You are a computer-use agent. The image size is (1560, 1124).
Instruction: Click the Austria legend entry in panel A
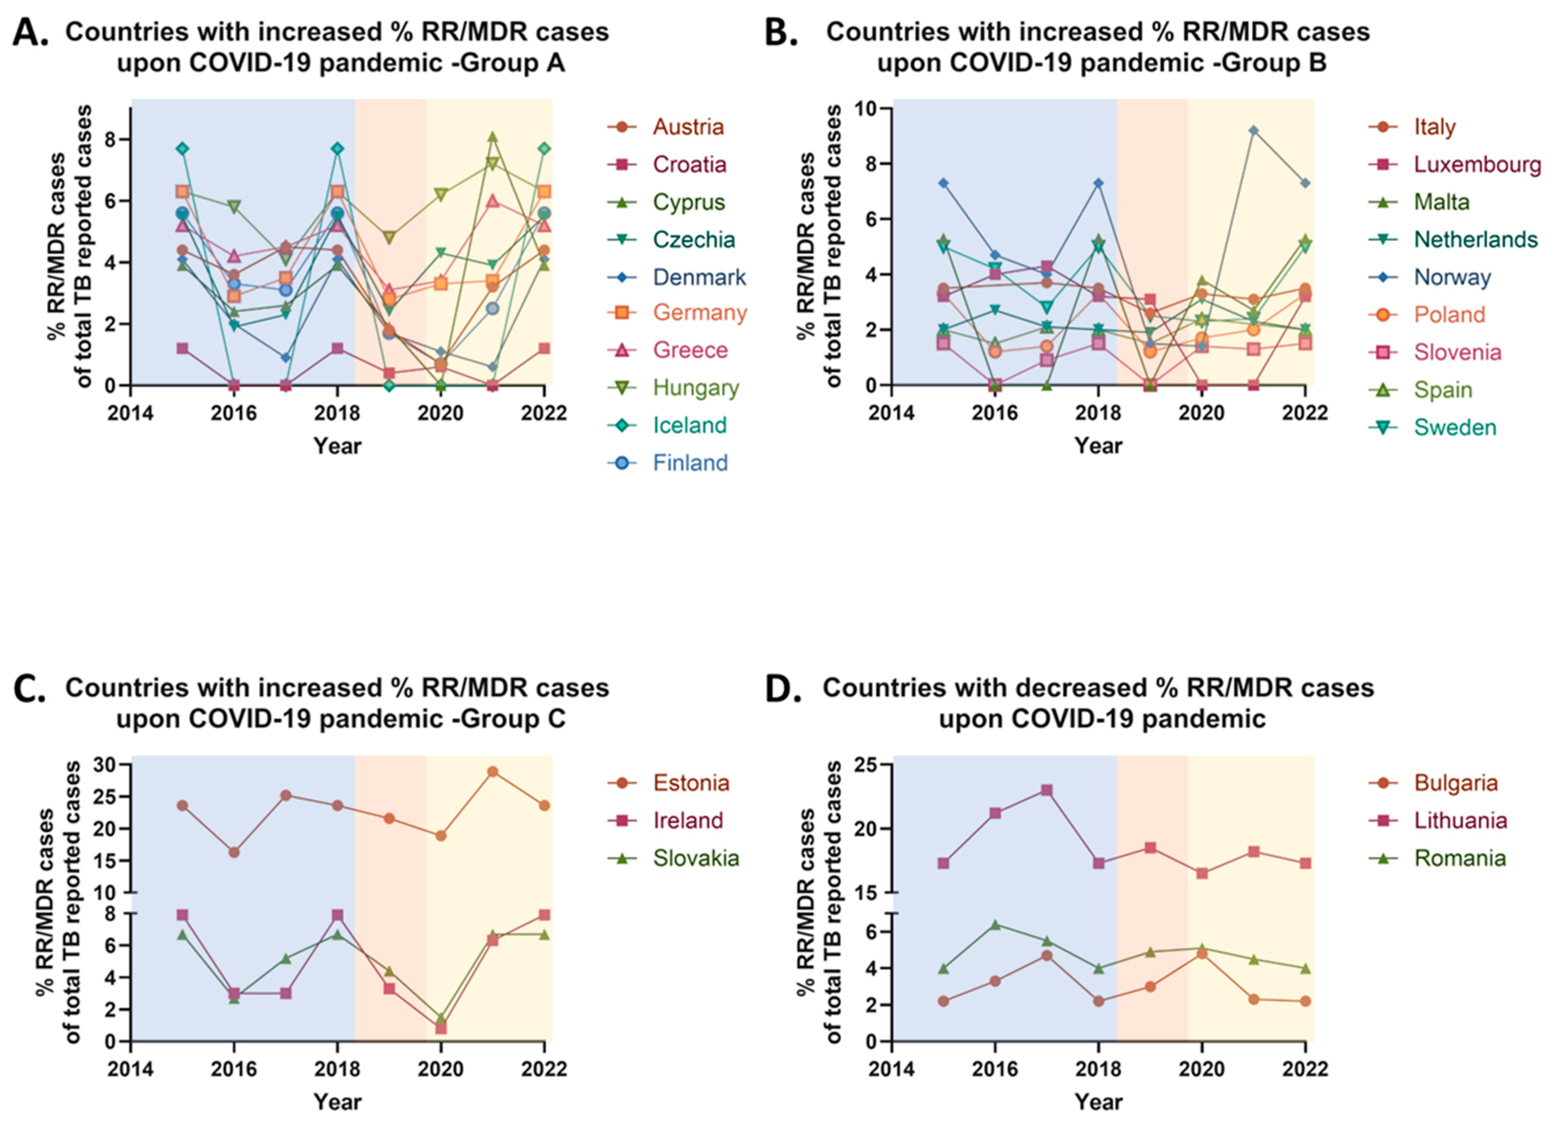click(688, 127)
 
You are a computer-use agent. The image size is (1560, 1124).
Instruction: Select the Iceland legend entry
click(689, 425)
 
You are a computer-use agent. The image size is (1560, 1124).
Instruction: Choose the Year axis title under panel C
click(337, 1101)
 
